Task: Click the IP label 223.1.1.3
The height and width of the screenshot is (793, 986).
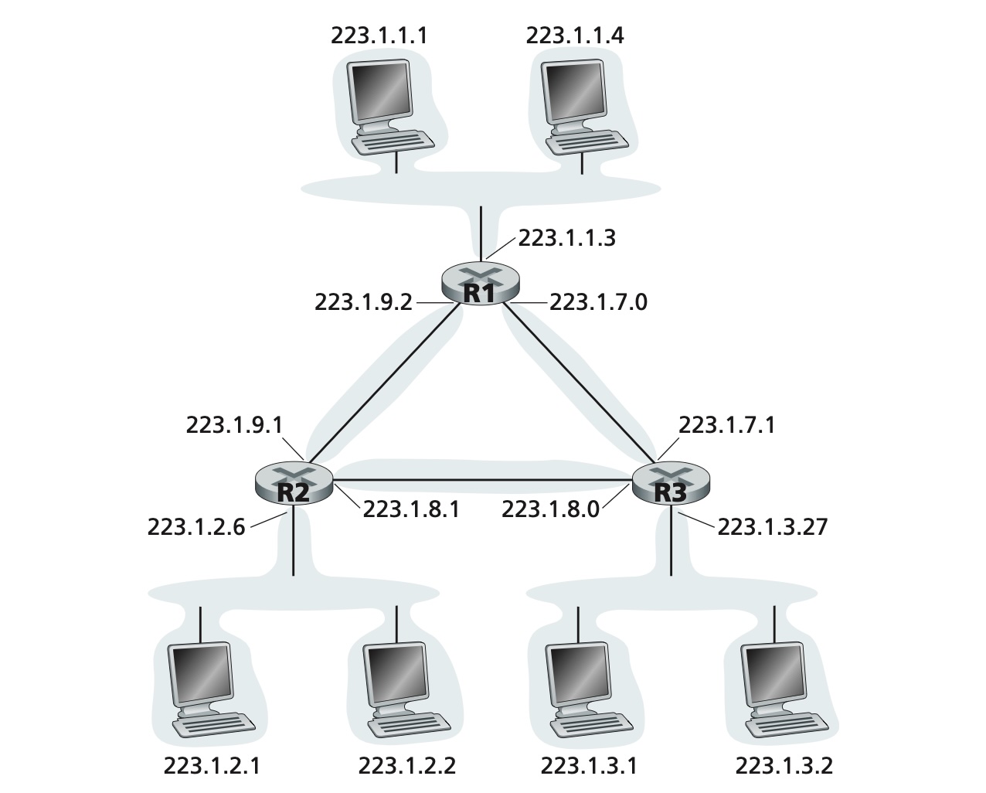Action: tap(566, 238)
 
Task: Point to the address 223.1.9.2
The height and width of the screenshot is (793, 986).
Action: tap(363, 302)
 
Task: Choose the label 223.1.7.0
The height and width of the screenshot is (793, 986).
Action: tap(598, 302)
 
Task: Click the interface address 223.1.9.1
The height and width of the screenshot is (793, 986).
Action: tap(234, 425)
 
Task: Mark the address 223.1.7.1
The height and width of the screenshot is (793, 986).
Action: tap(726, 425)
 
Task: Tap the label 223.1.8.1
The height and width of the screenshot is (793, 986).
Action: tap(411, 509)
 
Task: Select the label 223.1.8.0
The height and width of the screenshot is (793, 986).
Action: tap(550, 509)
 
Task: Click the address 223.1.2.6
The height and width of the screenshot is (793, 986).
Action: tap(196, 527)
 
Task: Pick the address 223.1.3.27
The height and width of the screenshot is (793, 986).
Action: tap(773, 527)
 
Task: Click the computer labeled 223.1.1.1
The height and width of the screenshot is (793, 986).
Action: tap(390, 107)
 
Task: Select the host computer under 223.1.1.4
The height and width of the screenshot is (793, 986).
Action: tap(585, 107)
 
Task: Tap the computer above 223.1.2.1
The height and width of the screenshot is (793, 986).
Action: tap(212, 689)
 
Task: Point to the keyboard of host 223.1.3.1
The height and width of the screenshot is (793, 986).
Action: tap(592, 725)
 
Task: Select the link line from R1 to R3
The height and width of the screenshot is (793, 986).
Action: tap(580, 383)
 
